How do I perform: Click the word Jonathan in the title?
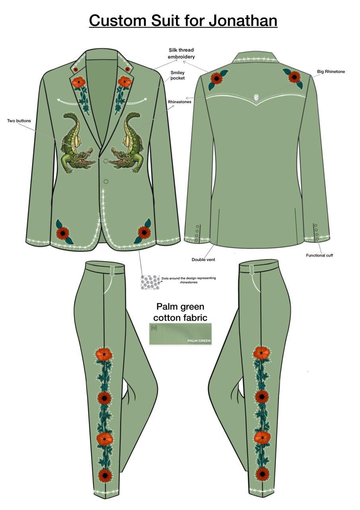tap(243, 20)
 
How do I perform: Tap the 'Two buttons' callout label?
tap(19, 121)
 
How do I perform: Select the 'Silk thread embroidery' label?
tap(181, 53)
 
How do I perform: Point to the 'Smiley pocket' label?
tap(178, 75)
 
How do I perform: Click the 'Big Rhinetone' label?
tap(331, 71)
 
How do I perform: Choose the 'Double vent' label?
tap(203, 259)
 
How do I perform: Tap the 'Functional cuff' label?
tap(319, 255)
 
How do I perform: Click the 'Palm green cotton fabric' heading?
tap(180, 312)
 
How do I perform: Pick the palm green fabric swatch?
tap(180, 334)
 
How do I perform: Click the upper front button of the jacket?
tap(106, 161)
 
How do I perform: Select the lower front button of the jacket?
tap(106, 181)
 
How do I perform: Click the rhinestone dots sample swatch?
tap(150, 282)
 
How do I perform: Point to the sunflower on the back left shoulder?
tap(216, 78)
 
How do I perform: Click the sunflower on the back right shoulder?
tap(294, 77)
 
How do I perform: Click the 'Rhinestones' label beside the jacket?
tap(180, 102)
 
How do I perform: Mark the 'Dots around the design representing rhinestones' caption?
tap(189, 280)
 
